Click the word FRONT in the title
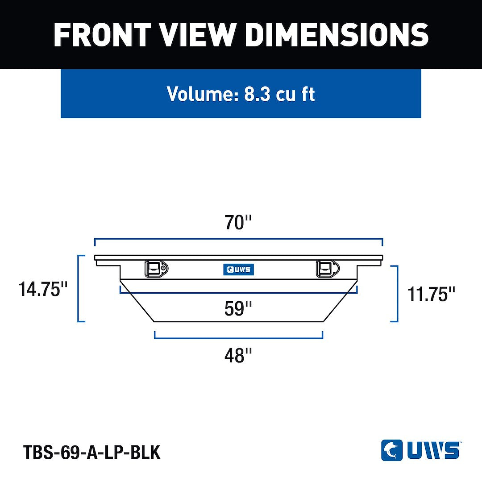click(102, 35)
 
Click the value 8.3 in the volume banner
click(258, 94)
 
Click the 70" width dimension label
click(238, 222)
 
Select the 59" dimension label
click(238, 308)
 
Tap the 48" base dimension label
click(238, 355)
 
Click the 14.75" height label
click(43, 289)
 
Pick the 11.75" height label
click(431, 294)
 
